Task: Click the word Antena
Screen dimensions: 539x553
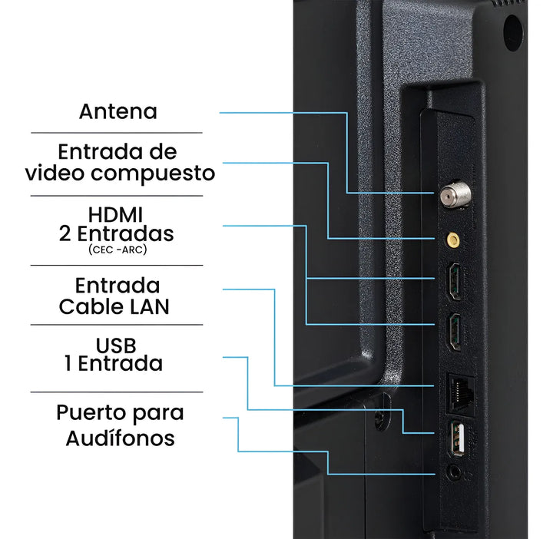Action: point(118,111)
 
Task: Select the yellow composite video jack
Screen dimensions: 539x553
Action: point(454,240)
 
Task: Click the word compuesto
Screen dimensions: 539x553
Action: point(162,174)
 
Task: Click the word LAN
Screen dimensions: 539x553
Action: point(148,306)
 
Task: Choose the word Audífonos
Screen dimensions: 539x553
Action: point(120,438)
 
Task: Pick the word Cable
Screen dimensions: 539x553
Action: point(89,306)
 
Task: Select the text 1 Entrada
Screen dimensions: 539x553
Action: point(114,363)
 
